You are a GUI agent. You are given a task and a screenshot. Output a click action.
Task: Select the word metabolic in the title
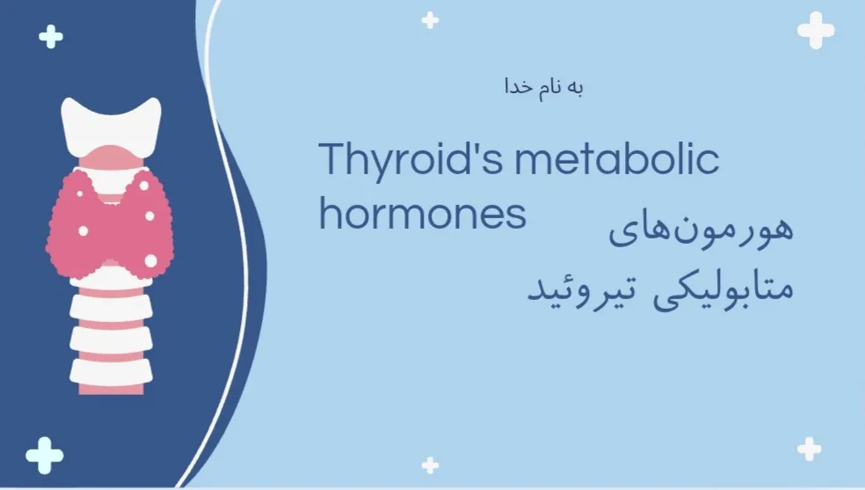[x=617, y=159]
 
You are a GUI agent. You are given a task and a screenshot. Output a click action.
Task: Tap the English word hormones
[x=423, y=214]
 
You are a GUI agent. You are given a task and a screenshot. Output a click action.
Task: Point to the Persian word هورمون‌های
[x=701, y=227]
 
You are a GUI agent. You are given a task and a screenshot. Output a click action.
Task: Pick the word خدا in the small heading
[x=518, y=87]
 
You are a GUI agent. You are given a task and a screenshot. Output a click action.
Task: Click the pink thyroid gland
[x=111, y=224]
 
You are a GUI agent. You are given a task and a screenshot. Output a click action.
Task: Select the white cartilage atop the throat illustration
[x=111, y=124]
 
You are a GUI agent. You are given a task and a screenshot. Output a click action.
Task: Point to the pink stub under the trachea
[x=111, y=390]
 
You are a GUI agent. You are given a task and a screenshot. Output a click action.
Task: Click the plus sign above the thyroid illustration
[x=51, y=37]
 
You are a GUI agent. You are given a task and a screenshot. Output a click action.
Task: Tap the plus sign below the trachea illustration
[x=45, y=456]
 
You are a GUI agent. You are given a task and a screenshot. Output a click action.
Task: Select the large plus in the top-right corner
[x=816, y=30]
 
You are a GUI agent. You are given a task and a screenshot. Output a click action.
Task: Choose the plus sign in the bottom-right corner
[x=810, y=450]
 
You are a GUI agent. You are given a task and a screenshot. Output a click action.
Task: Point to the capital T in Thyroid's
[x=332, y=159]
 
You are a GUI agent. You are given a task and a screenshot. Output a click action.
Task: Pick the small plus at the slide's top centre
[x=430, y=20]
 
